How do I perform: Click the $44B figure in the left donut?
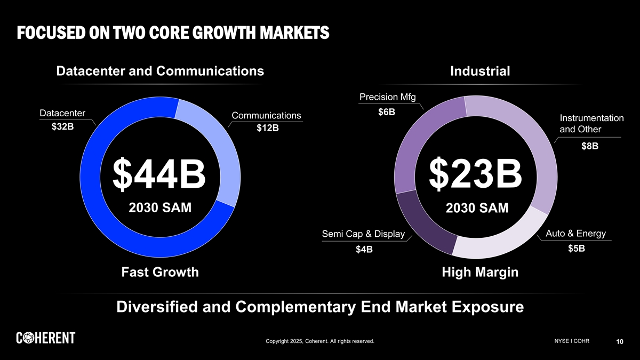(159, 174)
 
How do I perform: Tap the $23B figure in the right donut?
(476, 174)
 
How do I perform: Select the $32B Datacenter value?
(63, 127)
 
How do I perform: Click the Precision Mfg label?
(388, 97)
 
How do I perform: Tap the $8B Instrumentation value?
(590, 146)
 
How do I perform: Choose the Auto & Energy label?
(577, 234)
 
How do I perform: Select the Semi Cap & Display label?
(363, 235)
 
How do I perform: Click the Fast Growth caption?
(160, 273)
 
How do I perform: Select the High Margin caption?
(480, 273)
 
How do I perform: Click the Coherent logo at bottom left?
(45, 338)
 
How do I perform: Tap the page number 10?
(620, 342)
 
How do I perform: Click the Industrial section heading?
(480, 71)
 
